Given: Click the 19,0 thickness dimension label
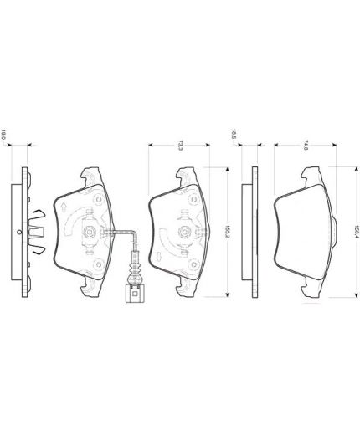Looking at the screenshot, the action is tap(3, 135).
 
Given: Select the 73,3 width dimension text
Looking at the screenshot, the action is tap(180, 146).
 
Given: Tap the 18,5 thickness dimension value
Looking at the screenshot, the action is tap(234, 134).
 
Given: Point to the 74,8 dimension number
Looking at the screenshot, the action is tap(306, 146).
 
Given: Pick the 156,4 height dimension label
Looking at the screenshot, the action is tap(357, 232).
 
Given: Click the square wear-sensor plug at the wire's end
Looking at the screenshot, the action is tap(135, 294).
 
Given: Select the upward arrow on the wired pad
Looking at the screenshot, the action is tap(64, 207).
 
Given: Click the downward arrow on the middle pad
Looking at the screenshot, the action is tap(158, 256).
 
